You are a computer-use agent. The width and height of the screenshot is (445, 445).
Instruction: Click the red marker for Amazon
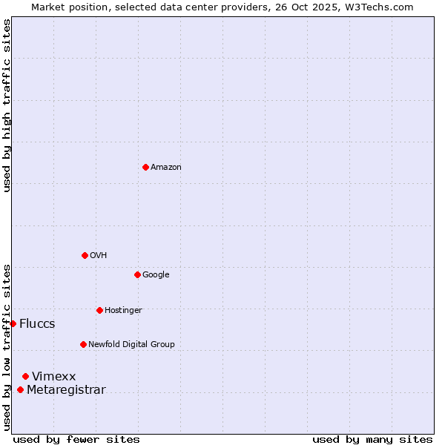click(145, 167)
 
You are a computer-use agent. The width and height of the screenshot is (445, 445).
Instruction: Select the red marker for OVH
click(85, 255)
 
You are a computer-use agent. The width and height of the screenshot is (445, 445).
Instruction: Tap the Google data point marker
click(137, 274)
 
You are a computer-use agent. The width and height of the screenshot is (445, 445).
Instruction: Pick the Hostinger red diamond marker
click(99, 310)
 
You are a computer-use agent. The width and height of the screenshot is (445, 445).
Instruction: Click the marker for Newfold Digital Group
click(83, 344)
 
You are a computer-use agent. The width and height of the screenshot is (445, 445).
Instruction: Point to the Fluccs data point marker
click(13, 323)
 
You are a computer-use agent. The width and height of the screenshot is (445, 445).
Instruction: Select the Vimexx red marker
click(25, 377)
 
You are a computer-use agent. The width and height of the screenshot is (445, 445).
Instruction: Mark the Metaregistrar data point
click(20, 390)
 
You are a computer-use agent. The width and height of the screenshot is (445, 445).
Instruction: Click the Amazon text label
click(166, 168)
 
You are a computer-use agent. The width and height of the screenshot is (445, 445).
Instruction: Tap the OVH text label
click(99, 256)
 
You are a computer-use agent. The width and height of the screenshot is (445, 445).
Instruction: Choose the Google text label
click(156, 275)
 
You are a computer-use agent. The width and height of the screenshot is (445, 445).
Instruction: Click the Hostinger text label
click(123, 311)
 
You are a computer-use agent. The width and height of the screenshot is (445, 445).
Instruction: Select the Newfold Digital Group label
click(131, 345)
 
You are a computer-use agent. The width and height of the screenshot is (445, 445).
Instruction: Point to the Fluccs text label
click(37, 324)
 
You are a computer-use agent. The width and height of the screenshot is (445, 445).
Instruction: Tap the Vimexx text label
click(53, 377)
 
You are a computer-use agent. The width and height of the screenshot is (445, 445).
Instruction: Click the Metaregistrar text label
click(66, 390)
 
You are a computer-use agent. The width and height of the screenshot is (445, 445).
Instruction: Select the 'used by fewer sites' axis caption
click(76, 440)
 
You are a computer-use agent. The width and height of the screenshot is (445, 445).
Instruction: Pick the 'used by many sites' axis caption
click(372, 440)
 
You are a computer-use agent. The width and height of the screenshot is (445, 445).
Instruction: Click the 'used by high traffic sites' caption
click(7, 105)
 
